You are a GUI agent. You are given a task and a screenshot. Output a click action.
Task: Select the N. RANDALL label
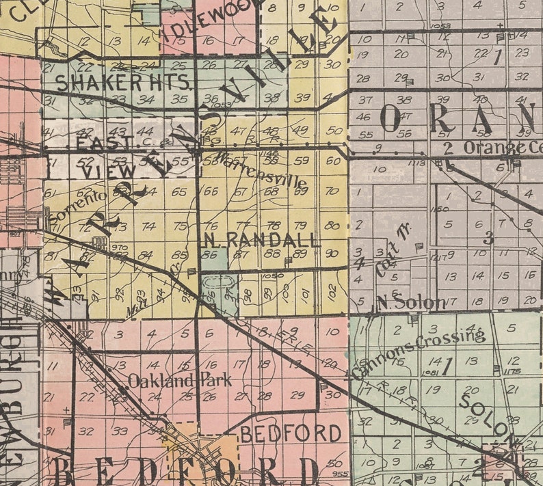(x=262, y=240)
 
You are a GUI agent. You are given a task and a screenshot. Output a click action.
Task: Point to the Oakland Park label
(x=180, y=381)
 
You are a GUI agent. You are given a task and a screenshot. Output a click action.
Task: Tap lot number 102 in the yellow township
(x=332, y=290)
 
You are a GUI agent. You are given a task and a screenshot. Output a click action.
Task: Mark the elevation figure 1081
(x=430, y=372)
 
